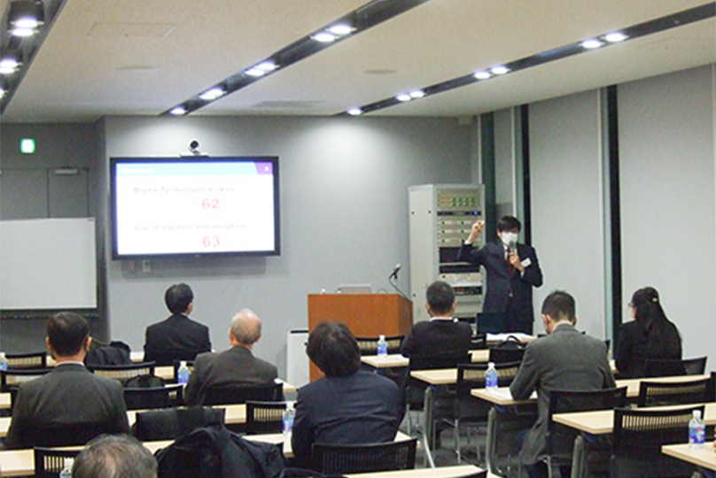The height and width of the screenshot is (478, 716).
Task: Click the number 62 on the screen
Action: [x=210, y=204]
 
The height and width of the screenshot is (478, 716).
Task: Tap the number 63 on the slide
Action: [x=211, y=241]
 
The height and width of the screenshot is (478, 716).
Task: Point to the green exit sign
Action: [x=28, y=145]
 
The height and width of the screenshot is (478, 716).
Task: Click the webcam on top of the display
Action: [x=194, y=147]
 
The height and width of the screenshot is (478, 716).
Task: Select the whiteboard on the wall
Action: [x=47, y=263]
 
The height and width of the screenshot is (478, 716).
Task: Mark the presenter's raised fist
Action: [x=479, y=227]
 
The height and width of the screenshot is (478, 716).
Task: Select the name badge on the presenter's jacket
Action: [x=525, y=262]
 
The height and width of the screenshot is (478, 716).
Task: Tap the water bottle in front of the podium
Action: [x=382, y=345]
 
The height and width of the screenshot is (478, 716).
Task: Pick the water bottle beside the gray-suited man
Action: [x=491, y=376]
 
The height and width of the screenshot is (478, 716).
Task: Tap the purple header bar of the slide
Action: [x=194, y=167]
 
